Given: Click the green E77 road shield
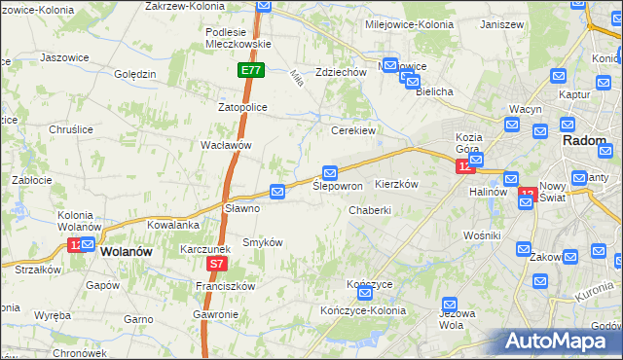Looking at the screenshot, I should click(251, 71).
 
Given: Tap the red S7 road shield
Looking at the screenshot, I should click(217, 264).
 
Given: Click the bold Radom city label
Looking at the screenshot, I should click(585, 140).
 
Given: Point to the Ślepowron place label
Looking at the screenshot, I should click(338, 186).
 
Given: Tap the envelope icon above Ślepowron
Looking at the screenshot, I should click(330, 172).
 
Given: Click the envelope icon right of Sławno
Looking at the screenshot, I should click(277, 193).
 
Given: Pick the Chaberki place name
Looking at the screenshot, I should click(370, 209).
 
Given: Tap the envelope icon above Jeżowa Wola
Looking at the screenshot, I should click(449, 305).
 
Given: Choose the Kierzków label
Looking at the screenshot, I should click(396, 184).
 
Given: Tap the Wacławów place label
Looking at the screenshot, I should click(226, 145).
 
